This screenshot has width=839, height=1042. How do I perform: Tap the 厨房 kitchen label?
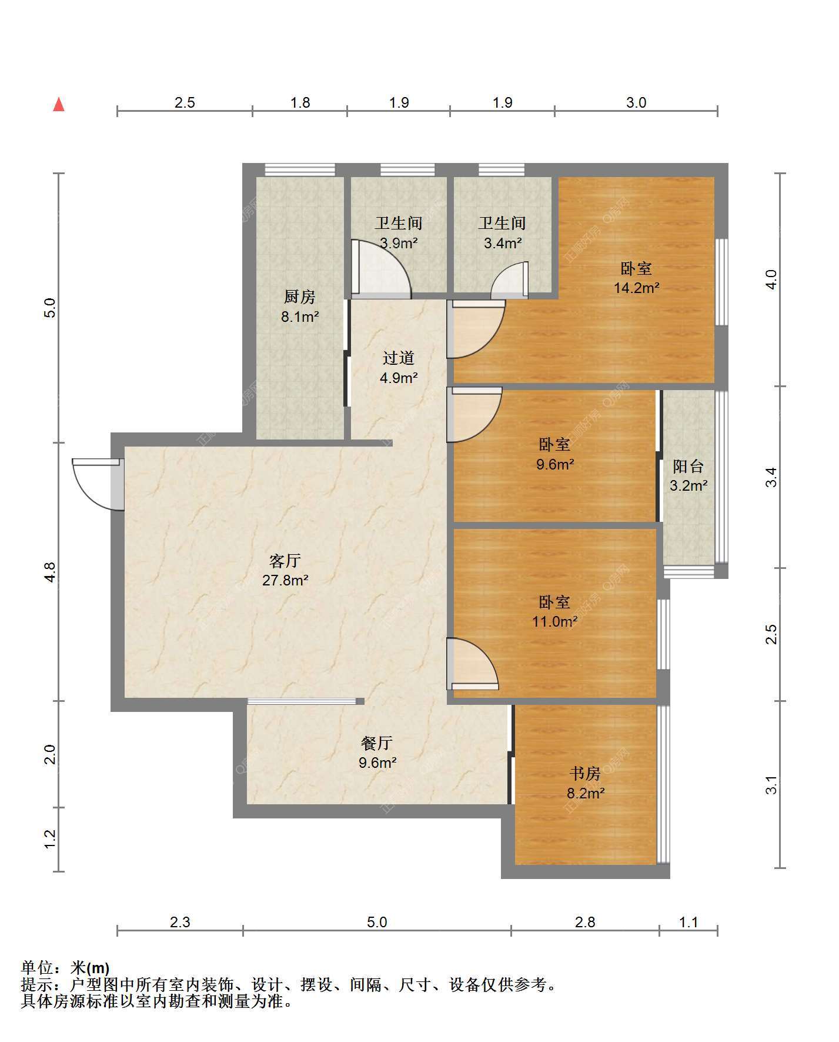point(300,297)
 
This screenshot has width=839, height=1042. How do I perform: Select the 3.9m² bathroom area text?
point(399,243)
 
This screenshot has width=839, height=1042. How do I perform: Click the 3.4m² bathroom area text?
point(503,243)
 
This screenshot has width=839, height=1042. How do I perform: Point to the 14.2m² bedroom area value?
point(637,288)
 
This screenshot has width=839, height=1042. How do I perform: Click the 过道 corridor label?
point(399,358)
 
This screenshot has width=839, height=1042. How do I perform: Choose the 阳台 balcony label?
point(688,467)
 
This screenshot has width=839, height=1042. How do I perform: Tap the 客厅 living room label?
point(286,560)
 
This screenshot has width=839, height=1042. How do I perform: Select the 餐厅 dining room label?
point(377,743)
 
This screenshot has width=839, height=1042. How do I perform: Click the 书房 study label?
point(586,773)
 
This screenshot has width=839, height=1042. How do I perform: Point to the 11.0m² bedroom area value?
point(555,621)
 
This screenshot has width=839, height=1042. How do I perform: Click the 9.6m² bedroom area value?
point(555,464)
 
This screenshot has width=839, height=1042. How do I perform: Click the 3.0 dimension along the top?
point(636,103)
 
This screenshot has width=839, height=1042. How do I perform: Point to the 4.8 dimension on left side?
point(50,572)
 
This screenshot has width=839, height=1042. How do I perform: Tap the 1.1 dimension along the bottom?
point(688,922)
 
